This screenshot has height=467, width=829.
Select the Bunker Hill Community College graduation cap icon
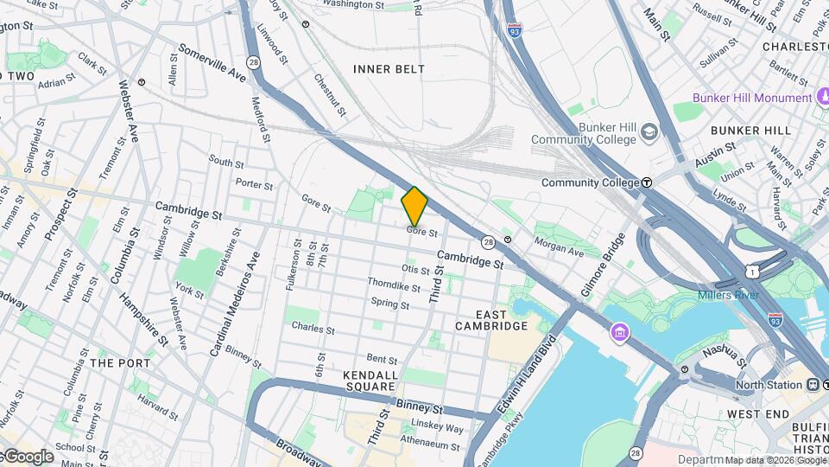[x=649, y=132]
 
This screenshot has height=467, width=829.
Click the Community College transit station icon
[x=647, y=182]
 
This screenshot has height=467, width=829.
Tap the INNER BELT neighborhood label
[x=389, y=68]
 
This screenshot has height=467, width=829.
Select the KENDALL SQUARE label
[x=370, y=381]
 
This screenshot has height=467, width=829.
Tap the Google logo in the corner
[x=28, y=456]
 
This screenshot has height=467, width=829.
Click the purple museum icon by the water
[x=620, y=333]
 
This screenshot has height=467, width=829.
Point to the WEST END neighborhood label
[x=756, y=414]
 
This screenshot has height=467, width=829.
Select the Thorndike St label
[x=387, y=284]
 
